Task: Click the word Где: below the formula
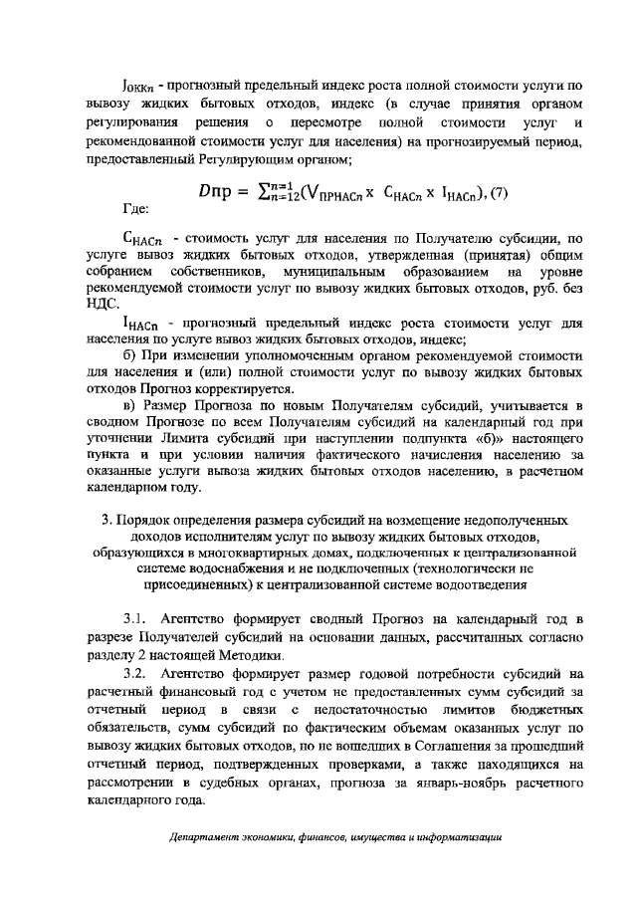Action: [134, 211]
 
